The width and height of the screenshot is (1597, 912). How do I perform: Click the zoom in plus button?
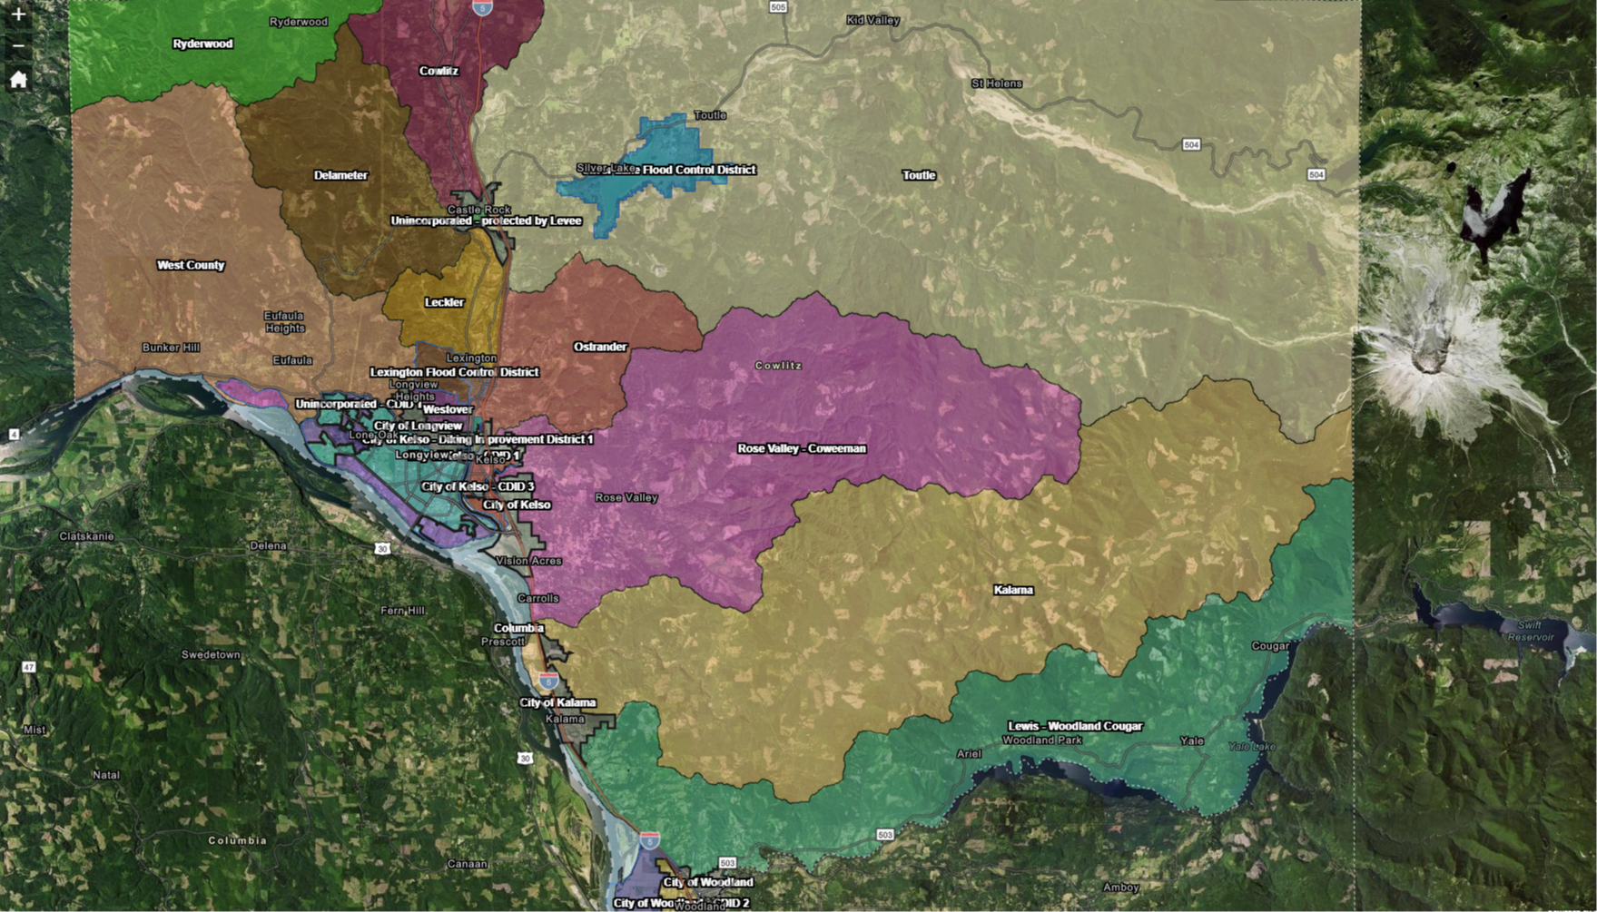[18, 15]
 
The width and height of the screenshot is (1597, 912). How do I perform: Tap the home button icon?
[18, 80]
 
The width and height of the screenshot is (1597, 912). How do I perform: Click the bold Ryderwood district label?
[202, 44]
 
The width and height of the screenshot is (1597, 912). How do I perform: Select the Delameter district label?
[340, 175]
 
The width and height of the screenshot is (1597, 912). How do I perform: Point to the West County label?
[191, 265]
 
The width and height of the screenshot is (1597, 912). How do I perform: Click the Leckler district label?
[444, 302]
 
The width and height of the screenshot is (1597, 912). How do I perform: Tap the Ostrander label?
[600, 347]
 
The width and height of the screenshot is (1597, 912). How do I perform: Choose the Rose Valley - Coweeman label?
[802, 448]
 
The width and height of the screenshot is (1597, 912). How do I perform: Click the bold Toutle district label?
[919, 175]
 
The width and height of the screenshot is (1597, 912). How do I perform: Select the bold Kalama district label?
[1013, 590]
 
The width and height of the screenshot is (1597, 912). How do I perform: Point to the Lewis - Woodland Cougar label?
[1075, 726]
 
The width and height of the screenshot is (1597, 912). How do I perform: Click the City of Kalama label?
[557, 702]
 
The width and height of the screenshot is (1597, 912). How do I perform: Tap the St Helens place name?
[996, 83]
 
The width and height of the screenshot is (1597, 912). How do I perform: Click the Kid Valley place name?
[872, 20]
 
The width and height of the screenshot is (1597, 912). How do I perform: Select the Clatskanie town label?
[86, 536]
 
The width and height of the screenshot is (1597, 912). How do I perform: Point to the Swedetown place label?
[211, 654]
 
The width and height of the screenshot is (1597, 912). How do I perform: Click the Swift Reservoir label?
[1530, 631]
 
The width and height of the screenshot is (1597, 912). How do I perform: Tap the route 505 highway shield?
[777, 7]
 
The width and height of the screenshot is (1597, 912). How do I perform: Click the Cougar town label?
[1269, 646]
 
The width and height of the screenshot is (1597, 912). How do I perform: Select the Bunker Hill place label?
[171, 348]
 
